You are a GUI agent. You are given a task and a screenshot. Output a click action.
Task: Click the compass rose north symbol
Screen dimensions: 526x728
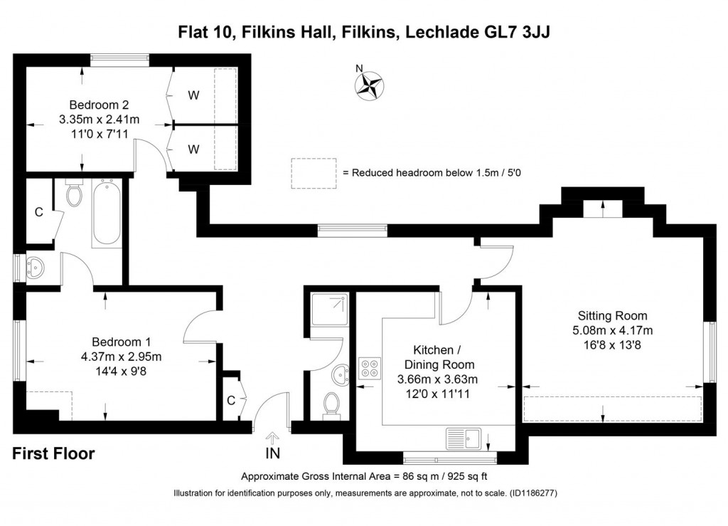[x=369, y=84]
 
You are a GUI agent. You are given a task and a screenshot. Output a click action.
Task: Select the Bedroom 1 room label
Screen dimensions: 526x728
[x=121, y=342]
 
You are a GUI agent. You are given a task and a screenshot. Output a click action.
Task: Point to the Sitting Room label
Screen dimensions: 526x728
[x=612, y=316]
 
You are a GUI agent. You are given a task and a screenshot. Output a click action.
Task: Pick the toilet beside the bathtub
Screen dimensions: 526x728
[x=74, y=194]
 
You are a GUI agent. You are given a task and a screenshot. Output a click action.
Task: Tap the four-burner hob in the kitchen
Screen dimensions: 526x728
[x=370, y=368]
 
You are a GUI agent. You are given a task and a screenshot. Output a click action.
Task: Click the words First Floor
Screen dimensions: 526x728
[x=53, y=453]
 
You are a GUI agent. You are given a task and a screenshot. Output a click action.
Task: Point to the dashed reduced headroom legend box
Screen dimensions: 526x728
[x=313, y=173]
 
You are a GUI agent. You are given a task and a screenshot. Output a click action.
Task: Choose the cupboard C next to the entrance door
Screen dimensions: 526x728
[x=231, y=400]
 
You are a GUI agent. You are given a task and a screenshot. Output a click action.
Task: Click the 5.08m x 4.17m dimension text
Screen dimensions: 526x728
[x=612, y=330]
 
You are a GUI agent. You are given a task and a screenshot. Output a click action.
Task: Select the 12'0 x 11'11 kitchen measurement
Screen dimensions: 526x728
[x=436, y=393]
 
